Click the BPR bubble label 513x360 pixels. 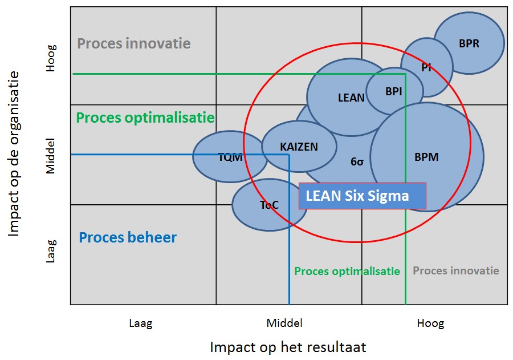tap(469, 43)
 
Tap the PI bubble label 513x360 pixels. tap(426, 67)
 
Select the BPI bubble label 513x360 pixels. tap(393, 91)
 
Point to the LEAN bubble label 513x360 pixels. tap(351, 98)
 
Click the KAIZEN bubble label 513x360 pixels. tap(299, 147)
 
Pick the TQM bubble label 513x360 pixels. tap(230, 157)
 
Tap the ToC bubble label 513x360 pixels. tap(269, 205)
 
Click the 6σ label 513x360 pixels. tap(357, 161)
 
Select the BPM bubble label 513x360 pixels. tap(426, 157)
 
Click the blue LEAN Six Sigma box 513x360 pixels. tap(362, 196)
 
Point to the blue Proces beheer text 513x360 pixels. tap(128, 237)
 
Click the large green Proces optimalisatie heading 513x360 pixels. tap(145, 118)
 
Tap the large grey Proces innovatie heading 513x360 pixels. tap(134, 43)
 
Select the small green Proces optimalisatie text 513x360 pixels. tap(347, 271)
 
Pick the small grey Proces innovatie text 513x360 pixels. tap(456, 270)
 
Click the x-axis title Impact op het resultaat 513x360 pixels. tap(288, 347)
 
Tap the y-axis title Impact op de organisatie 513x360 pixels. tap(14, 154)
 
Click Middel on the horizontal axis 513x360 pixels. tap(284, 323)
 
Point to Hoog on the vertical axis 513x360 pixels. tap(51, 58)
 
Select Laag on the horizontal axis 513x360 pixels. tap(141, 323)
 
